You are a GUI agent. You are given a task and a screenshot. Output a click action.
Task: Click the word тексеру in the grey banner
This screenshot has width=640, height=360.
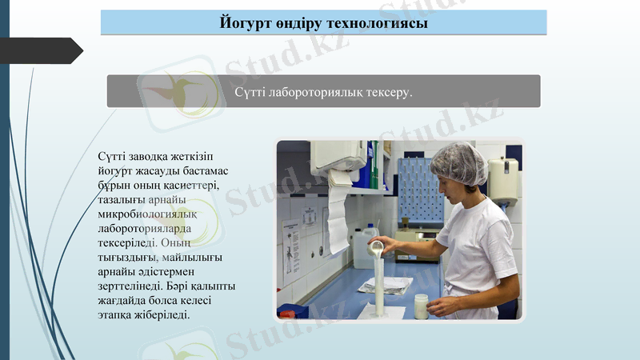[x=387, y=93]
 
